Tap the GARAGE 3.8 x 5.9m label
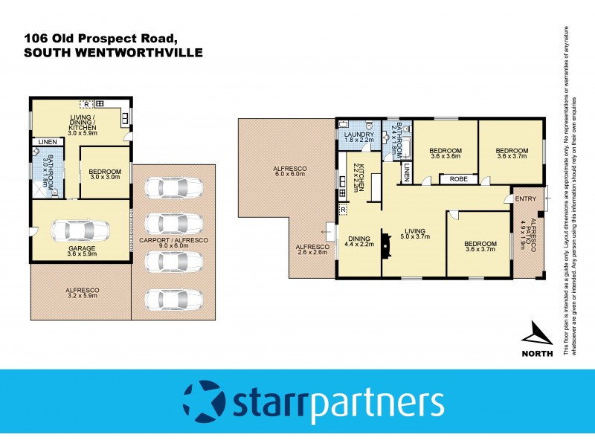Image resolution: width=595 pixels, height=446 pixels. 83,251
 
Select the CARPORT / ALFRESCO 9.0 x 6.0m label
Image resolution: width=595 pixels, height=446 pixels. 173,245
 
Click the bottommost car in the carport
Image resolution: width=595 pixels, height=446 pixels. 173,299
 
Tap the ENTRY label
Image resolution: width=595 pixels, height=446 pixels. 526,198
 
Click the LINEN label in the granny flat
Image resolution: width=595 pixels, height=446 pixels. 47,141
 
